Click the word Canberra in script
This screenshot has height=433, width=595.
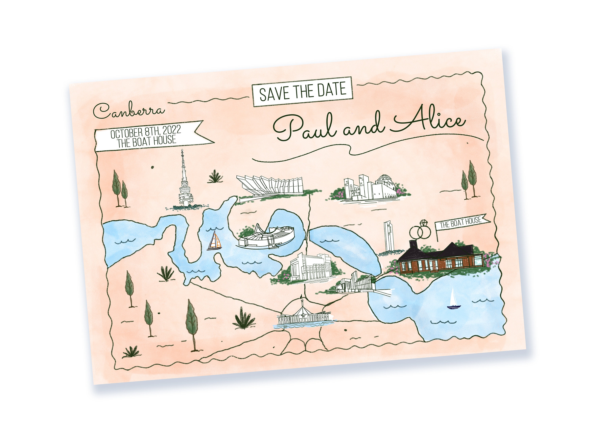(x=129, y=110)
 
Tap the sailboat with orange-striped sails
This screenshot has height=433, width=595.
(x=215, y=241)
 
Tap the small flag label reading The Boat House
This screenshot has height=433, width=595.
(x=461, y=222)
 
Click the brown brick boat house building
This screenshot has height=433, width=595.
(x=441, y=259)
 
